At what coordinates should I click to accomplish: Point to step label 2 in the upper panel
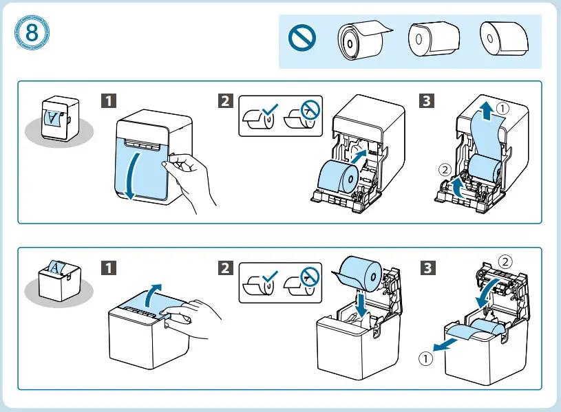(224, 100)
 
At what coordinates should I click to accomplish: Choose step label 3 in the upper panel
(427, 100)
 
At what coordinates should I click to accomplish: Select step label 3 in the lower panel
(427, 267)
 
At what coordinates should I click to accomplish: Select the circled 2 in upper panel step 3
(444, 168)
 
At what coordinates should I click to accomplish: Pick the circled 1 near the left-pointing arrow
(427, 358)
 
